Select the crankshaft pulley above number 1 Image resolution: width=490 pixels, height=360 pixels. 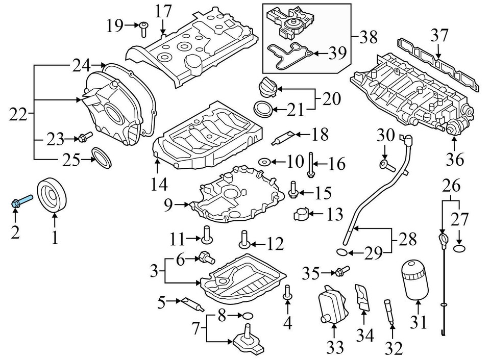pos(53,194)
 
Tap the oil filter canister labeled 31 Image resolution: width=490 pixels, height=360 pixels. pos(415,279)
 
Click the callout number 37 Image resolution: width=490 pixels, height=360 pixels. pos(439,36)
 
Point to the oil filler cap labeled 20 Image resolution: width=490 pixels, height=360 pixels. pos(268,88)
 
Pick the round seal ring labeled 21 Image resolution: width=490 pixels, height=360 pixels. pos(263,109)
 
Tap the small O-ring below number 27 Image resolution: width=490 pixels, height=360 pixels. pos(459,248)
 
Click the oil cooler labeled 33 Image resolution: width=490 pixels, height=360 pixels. pos(330,305)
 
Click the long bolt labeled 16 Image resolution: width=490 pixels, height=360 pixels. pos(310,165)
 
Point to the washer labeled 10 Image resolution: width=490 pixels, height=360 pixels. pos(264,162)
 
